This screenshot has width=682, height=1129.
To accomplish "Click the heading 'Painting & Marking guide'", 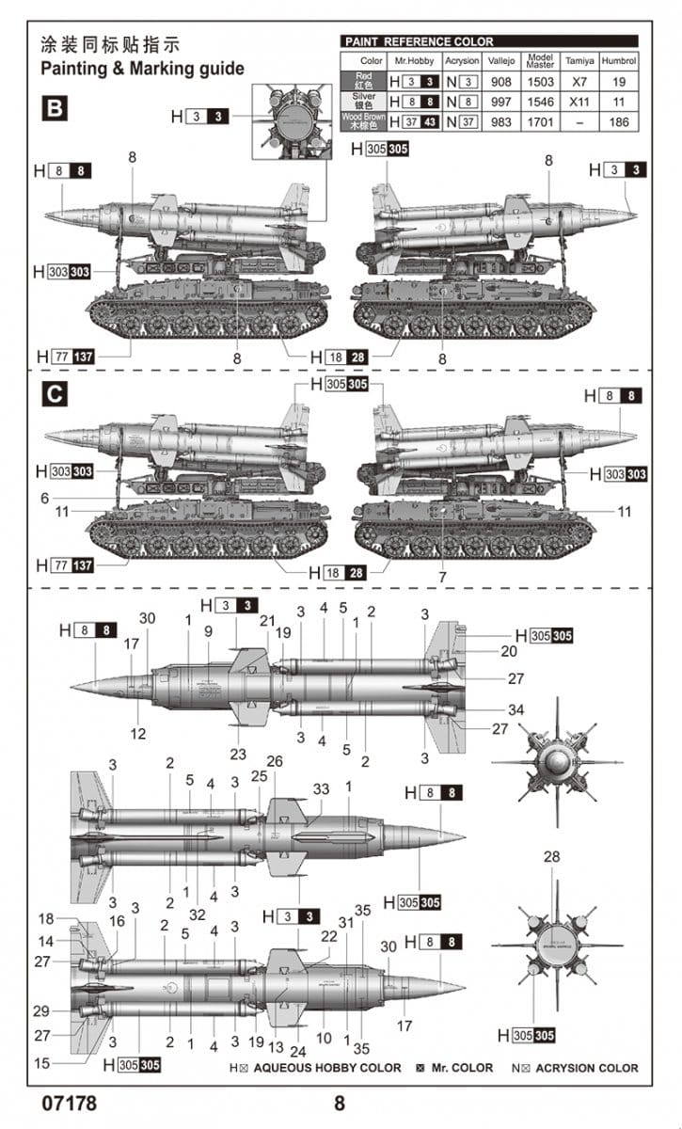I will [x=142, y=69].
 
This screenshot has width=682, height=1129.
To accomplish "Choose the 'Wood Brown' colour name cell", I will [x=362, y=121].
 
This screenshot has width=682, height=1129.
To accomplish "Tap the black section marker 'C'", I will [x=55, y=395].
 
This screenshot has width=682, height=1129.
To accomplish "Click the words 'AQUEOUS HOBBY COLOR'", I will [x=326, y=1068].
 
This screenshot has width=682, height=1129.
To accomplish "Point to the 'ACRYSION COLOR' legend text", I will [x=590, y=1068].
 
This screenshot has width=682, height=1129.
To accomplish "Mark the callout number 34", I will [x=515, y=709].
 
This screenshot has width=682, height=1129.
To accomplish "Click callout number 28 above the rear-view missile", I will [x=551, y=856].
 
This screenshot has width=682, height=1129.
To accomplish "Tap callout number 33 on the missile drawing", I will [x=322, y=789].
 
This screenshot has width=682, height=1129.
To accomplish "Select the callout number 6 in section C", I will [x=44, y=498].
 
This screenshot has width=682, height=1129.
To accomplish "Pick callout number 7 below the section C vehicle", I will [x=442, y=576].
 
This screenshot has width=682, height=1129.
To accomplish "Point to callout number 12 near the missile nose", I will [x=137, y=732].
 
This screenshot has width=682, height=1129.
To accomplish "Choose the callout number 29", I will [x=40, y=1010].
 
